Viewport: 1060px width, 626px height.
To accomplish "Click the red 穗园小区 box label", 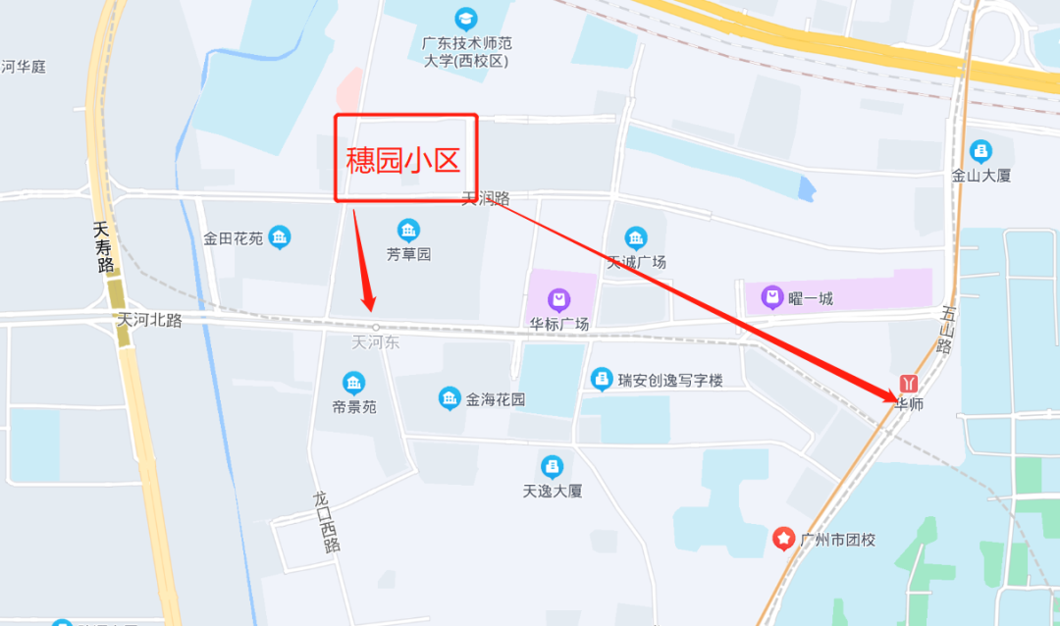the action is pyautogui.click(x=405, y=159).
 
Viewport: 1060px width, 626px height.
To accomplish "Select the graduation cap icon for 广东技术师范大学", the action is pyautogui.click(x=466, y=18).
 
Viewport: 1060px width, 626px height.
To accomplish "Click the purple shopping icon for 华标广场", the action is pyautogui.click(x=558, y=298).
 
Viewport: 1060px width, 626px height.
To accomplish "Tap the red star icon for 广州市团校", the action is pyautogui.click(x=783, y=538).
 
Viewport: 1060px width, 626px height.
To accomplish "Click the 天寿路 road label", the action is pyautogui.click(x=103, y=246).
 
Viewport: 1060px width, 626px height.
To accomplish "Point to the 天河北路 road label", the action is pyautogui.click(x=149, y=320).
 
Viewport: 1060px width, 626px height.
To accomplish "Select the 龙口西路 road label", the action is pyautogui.click(x=325, y=521).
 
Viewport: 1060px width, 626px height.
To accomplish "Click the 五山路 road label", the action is pyautogui.click(x=947, y=330).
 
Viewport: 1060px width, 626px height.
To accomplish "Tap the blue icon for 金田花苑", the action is pyautogui.click(x=280, y=237).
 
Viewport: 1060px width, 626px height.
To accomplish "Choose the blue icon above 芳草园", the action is pyautogui.click(x=408, y=232).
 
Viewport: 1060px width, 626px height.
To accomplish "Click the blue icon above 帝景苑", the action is pyautogui.click(x=353, y=383).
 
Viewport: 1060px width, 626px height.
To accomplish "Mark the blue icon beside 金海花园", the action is pyautogui.click(x=450, y=398).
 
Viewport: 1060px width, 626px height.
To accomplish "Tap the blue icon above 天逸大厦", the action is pyautogui.click(x=553, y=466).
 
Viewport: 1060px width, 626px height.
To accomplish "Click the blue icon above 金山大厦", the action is pyautogui.click(x=980, y=151).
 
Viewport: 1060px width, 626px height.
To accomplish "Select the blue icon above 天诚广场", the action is pyautogui.click(x=636, y=238).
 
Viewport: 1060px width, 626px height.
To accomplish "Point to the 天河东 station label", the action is pyautogui.click(x=376, y=342).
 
